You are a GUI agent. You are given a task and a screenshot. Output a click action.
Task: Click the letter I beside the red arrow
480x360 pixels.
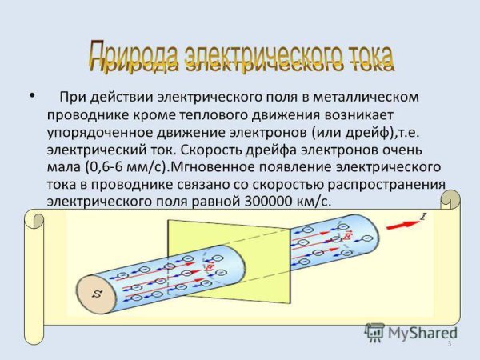[424, 216]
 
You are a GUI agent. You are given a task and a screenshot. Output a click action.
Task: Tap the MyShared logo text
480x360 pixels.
[420, 332]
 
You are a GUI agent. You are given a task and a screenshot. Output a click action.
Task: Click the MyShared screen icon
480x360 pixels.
[376, 332]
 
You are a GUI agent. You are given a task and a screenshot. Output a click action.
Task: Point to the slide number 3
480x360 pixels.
[450, 342]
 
